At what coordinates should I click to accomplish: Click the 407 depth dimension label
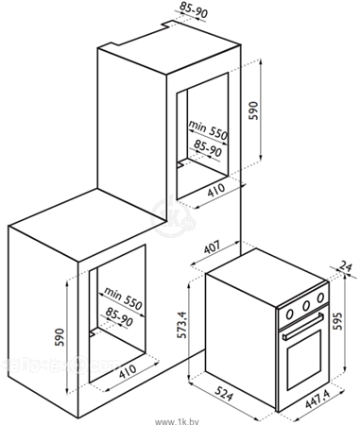pos(213,247)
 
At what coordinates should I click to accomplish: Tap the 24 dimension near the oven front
pos(345,266)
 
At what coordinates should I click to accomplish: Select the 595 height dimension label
pos(337,321)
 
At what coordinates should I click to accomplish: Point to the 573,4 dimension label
pos(181,325)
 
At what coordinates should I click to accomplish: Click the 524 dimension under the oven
pos(225,392)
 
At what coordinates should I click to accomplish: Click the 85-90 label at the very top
pos(194,10)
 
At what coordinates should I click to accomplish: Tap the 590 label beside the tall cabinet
pos(253,110)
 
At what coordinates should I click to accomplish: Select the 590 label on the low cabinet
pos(60,337)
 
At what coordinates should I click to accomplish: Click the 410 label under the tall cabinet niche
pos(216,190)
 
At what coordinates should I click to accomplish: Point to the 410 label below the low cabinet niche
pos(128,371)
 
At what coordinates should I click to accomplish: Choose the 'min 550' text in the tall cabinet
pos(208,130)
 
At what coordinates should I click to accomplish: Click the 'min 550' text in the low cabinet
pos(123,297)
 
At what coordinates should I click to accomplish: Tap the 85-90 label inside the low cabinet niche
pos(119,316)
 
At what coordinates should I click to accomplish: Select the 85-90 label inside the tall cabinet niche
pos(208,148)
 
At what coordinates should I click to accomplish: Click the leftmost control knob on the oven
pos(290,314)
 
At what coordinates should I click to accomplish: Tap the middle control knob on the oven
pos(306,305)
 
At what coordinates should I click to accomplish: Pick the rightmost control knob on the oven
pos(320,297)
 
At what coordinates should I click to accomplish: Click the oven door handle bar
pos(303,327)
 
